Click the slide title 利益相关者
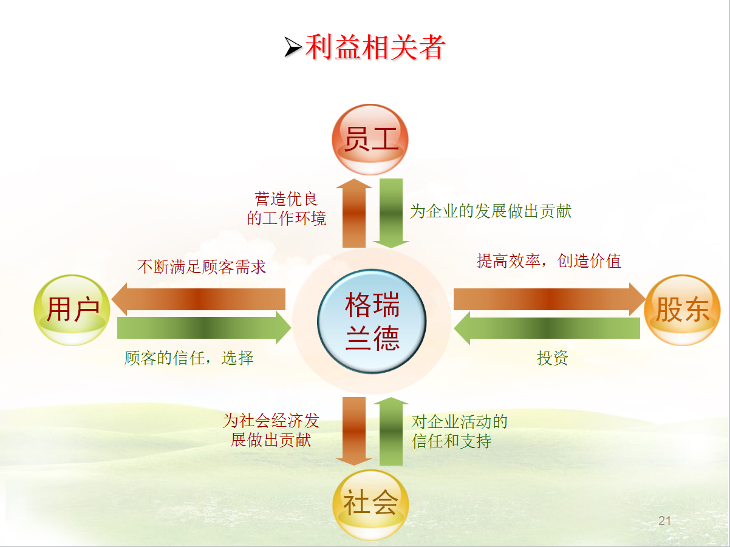click(375, 47)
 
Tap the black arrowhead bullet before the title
click(293, 47)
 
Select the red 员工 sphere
click(370, 140)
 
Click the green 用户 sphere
click(72, 310)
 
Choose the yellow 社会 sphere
click(370, 503)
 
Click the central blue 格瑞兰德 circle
click(372, 322)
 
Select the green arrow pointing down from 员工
click(391, 212)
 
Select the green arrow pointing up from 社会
click(391, 430)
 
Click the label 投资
click(553, 358)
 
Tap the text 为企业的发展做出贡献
click(491, 211)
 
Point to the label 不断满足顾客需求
click(202, 267)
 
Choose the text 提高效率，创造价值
click(549, 261)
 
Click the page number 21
click(664, 520)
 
